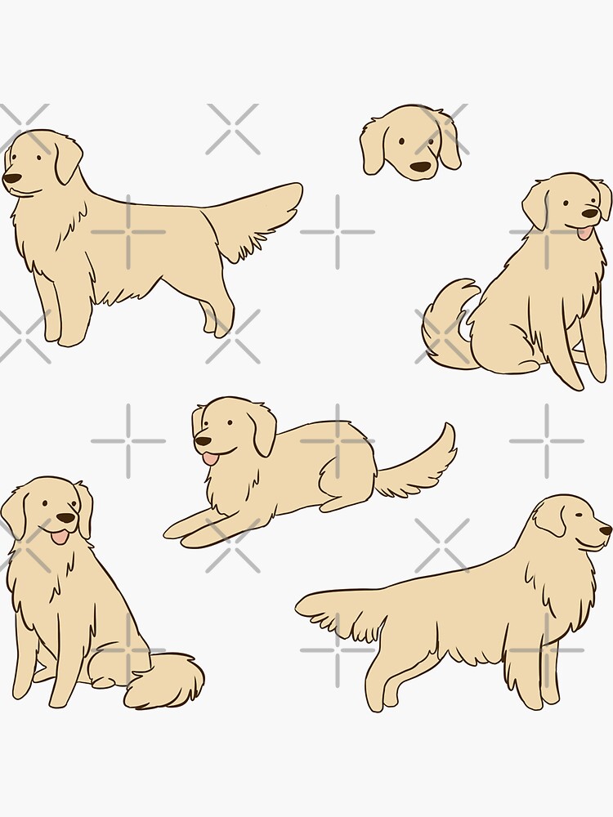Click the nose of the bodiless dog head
(x=420, y=167)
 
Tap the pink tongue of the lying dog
(x=211, y=458)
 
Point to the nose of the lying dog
(x=200, y=441)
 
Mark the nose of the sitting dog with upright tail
(x=592, y=213)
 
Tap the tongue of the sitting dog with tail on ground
(x=59, y=536)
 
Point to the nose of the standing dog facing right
(x=606, y=529)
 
